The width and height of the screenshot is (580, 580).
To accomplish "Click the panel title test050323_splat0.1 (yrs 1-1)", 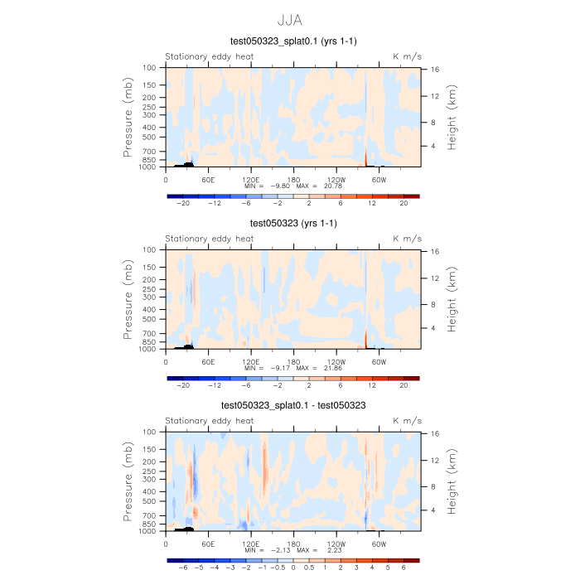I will (292, 41).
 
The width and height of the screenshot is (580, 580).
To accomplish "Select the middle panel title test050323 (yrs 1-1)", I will (292, 223).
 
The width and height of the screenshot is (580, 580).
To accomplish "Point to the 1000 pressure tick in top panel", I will (149, 167).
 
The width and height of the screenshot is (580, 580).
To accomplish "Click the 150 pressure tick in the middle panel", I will (150, 268).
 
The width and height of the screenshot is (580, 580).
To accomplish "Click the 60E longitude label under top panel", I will (208, 179).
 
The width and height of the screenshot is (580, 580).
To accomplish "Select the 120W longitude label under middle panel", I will (336, 361).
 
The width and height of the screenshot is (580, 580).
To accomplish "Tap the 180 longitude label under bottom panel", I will (293, 544).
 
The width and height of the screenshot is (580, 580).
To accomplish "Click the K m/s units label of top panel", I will (407, 56).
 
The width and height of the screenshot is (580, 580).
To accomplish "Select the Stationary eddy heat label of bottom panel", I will (209, 421).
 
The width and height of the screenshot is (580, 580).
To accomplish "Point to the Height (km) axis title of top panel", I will (453, 117).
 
